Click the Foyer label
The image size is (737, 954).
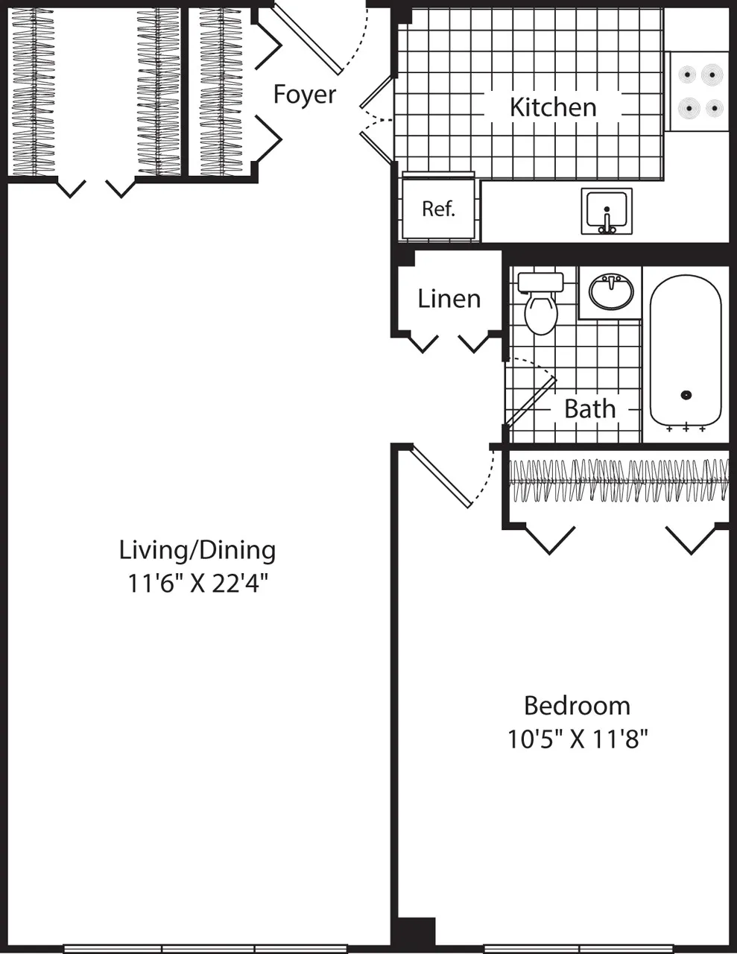coord(304,95)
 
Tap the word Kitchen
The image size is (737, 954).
coord(553,107)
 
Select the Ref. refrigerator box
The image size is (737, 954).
coord(438,208)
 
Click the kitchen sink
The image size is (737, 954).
coord(607,210)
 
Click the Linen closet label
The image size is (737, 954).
coord(449,299)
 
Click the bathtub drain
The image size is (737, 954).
coord(686,396)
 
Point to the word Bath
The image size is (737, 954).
coord(589,408)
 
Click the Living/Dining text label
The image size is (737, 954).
coord(197,550)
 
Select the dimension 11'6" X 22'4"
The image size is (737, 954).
coord(197,583)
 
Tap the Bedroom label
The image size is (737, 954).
coord(577,705)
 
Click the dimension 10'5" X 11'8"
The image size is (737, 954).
coord(577,739)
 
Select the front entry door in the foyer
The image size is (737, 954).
coord(307,40)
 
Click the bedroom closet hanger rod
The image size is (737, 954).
coord(619,480)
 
